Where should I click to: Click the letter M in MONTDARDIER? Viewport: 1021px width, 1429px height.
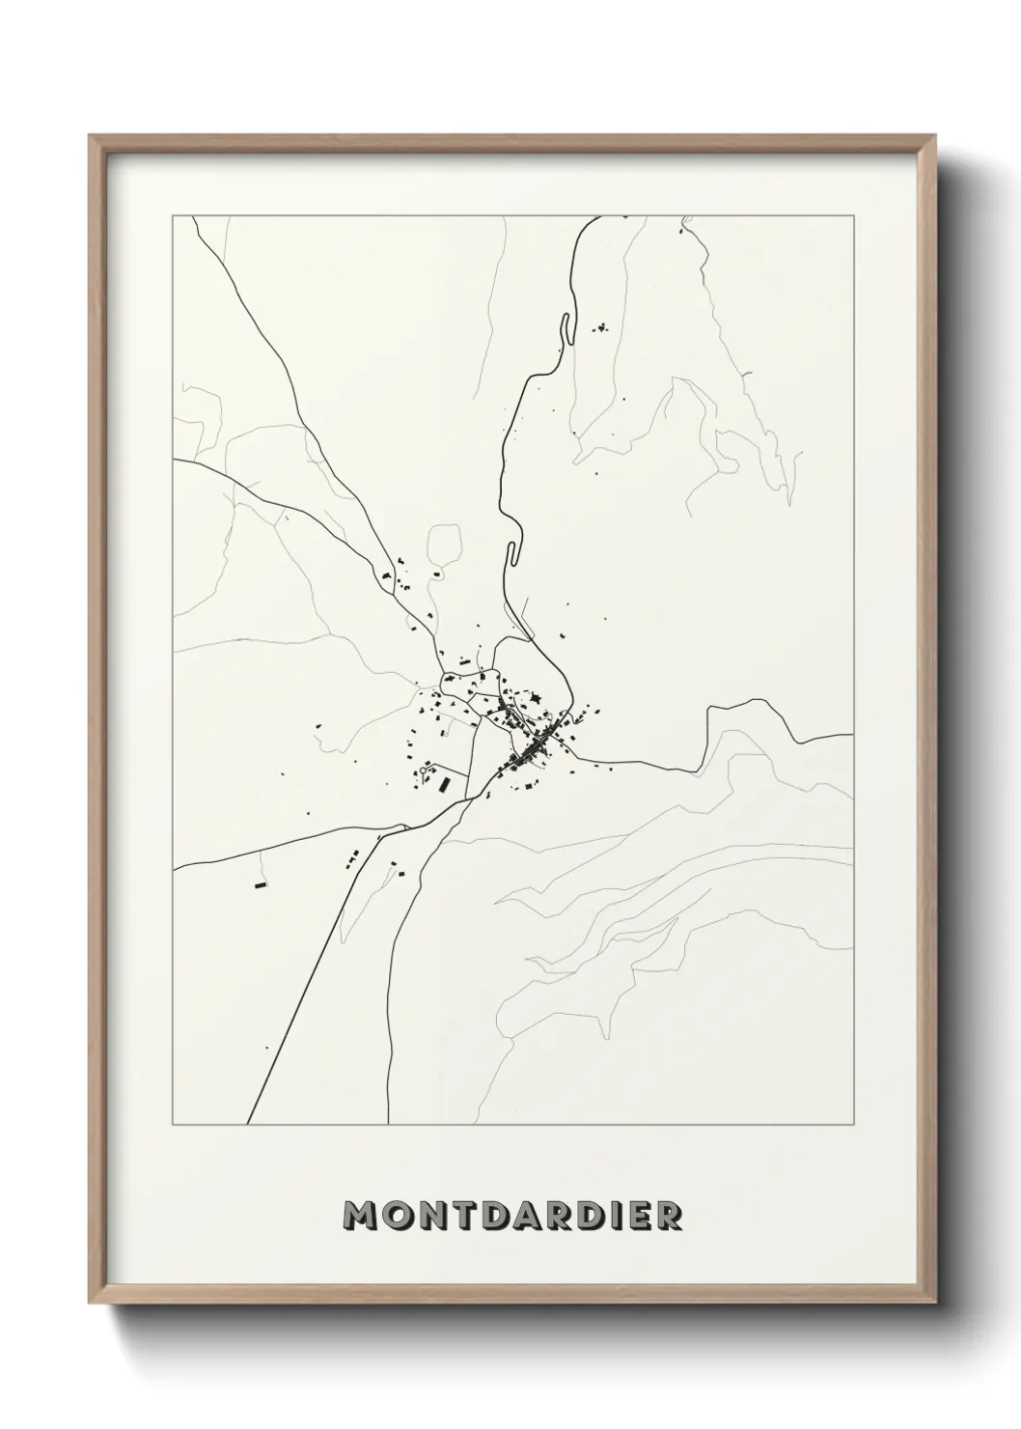tap(362, 1217)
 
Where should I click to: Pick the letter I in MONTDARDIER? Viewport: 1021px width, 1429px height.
tap(605, 1217)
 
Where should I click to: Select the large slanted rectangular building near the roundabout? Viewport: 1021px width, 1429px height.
tap(444, 785)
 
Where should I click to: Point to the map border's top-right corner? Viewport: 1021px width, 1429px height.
tap(853, 216)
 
